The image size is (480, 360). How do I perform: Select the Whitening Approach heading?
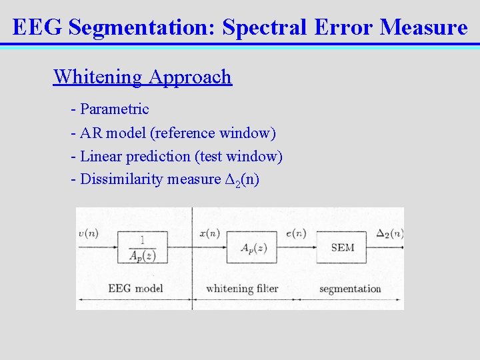point(142,77)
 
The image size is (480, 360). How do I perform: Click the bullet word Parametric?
point(114,109)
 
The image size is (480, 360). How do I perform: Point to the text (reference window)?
point(213,133)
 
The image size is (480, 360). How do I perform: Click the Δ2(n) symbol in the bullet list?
point(241,180)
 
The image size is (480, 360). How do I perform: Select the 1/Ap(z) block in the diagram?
point(141,248)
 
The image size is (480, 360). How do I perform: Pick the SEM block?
point(342,248)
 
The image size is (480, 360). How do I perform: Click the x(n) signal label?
point(209,233)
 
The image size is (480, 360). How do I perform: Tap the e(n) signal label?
point(295,233)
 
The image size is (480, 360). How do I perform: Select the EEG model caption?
point(135,289)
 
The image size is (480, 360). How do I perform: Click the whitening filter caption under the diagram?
point(242,289)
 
